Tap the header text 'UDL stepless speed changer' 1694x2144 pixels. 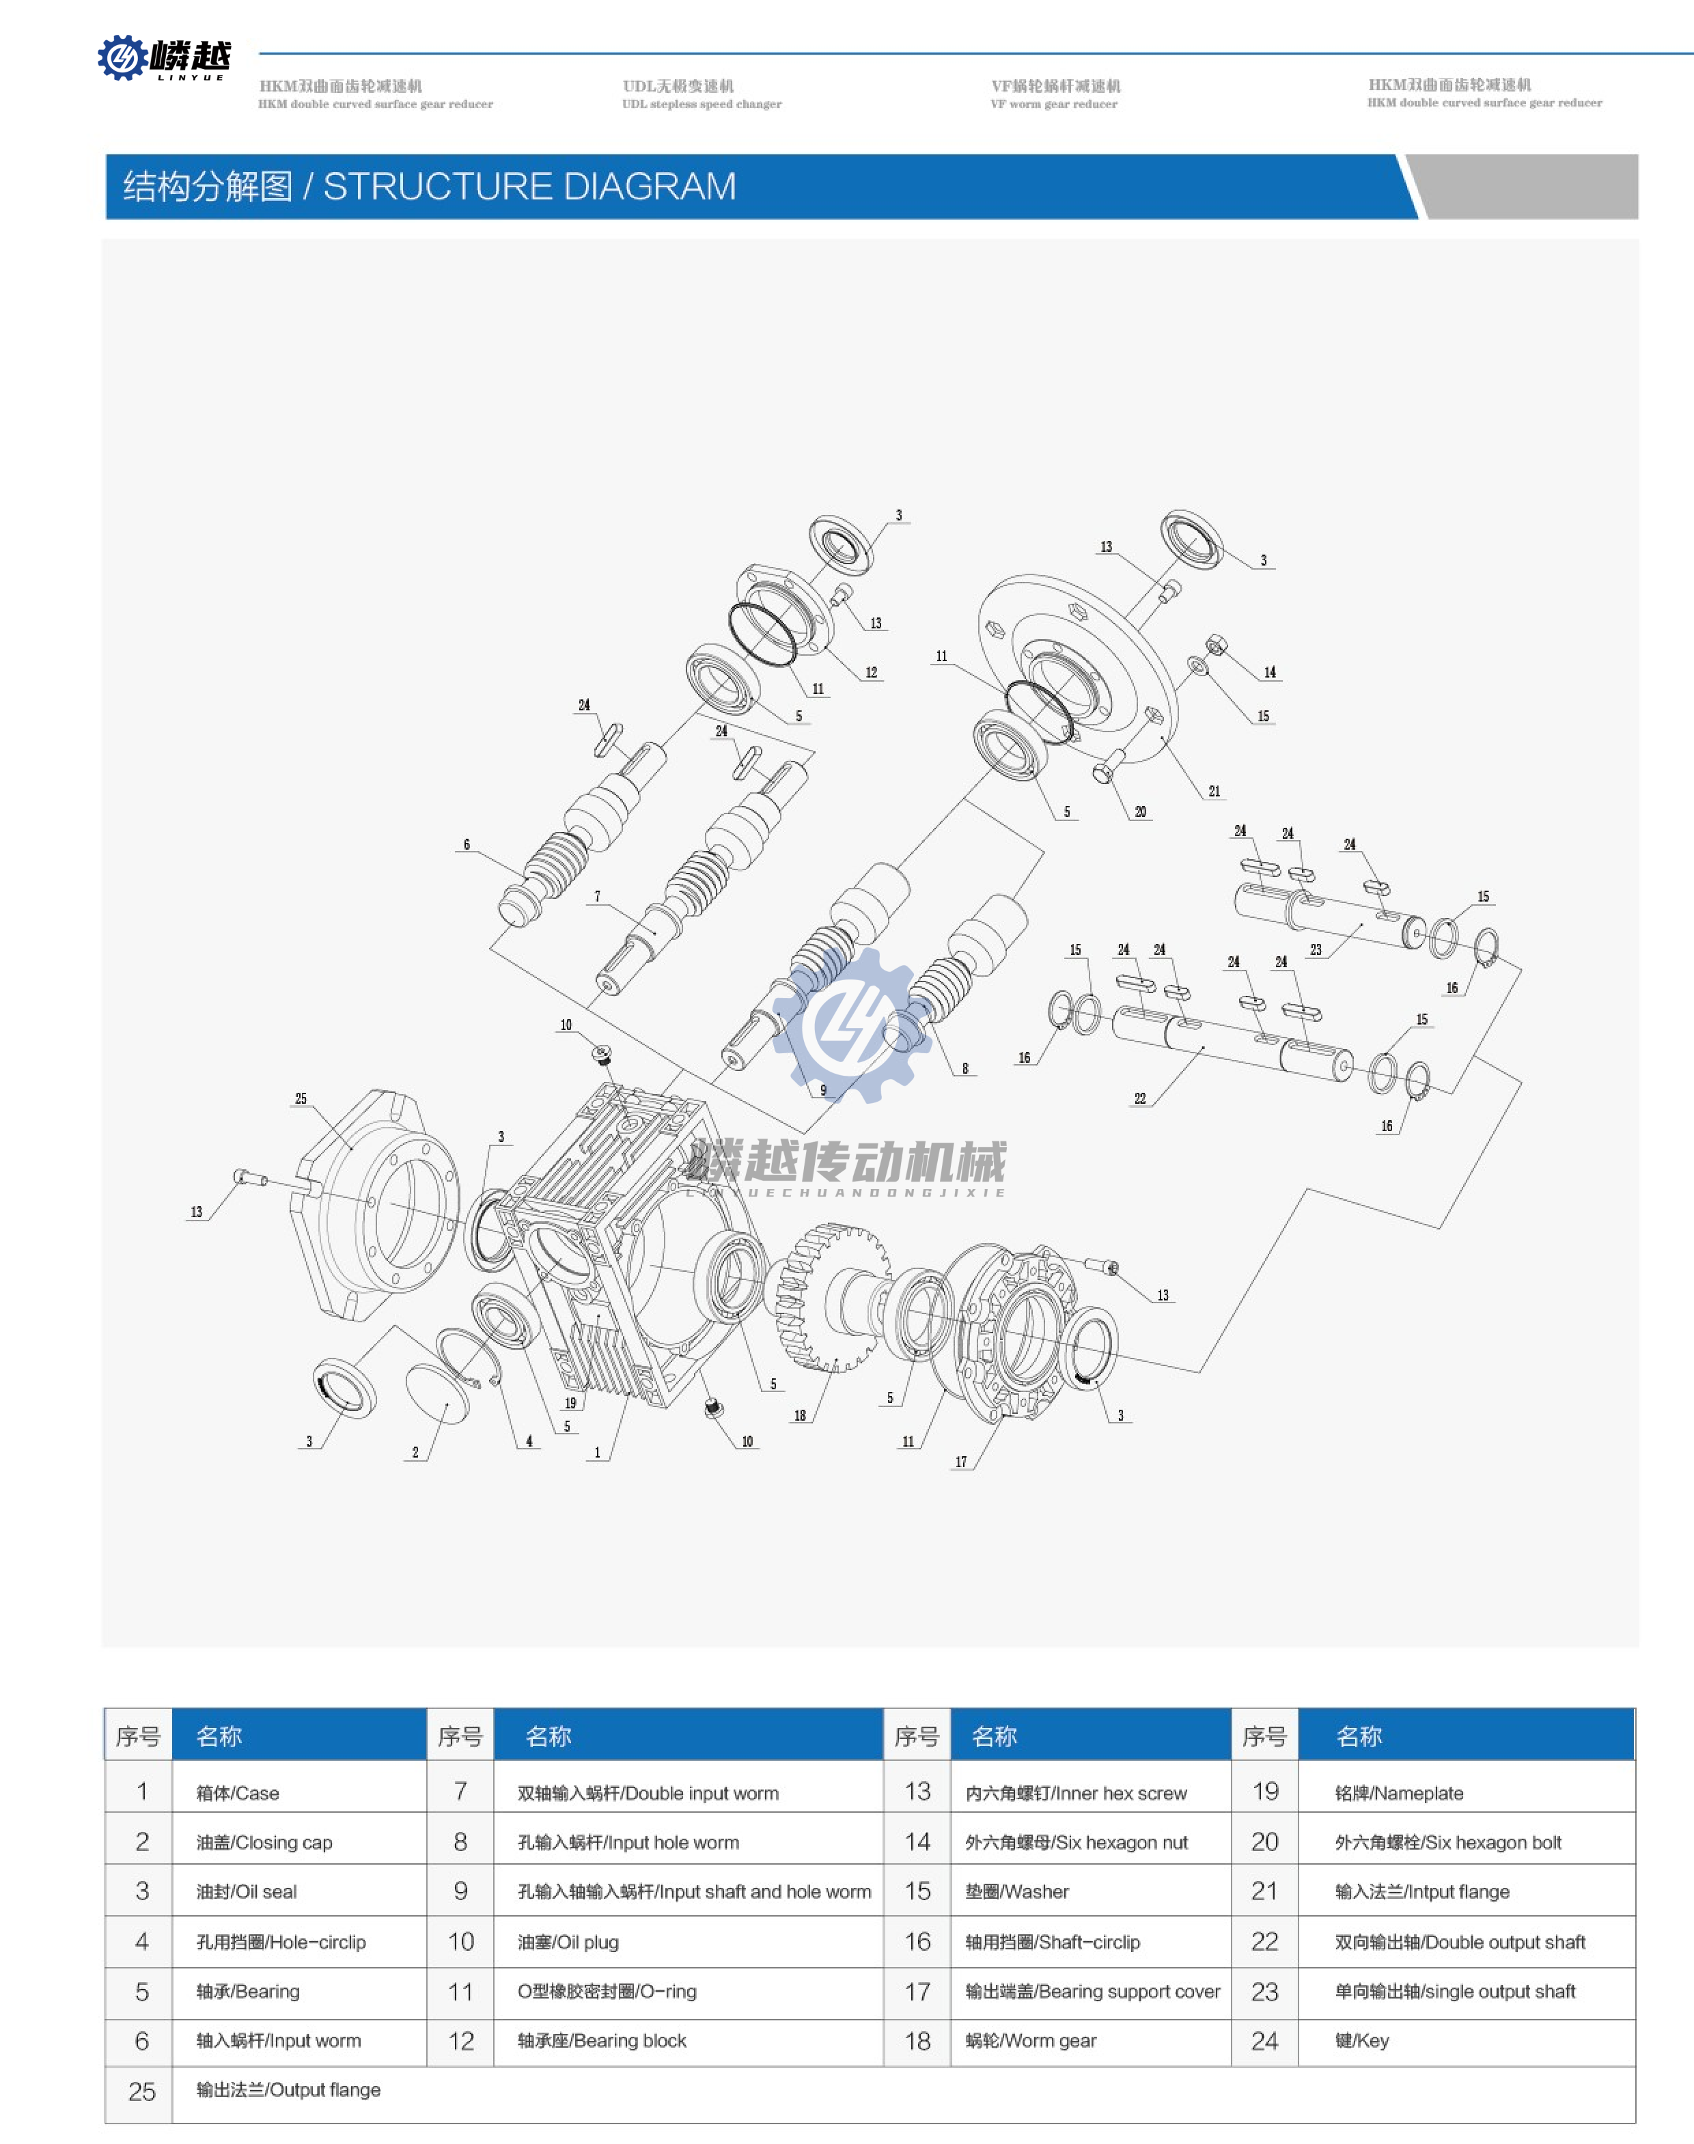click(x=702, y=104)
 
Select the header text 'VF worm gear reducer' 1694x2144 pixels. click(x=1053, y=104)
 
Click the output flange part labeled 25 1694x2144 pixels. click(x=372, y=1201)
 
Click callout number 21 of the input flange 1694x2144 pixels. click(x=1214, y=792)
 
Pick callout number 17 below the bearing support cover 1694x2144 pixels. click(x=960, y=1462)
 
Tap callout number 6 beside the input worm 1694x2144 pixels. click(x=466, y=845)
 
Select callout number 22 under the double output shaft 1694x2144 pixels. click(x=1139, y=1098)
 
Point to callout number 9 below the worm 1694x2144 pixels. click(x=823, y=1090)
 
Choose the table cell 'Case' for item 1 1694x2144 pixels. click(x=237, y=1793)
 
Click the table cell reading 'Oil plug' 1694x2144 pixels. click(x=568, y=1942)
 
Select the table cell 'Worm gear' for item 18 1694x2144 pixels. click(x=1031, y=2041)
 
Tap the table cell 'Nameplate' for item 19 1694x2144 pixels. click(x=1398, y=1793)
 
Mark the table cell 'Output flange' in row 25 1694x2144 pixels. click(x=288, y=2091)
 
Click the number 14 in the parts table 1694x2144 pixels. click(x=917, y=1843)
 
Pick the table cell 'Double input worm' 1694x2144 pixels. click(x=648, y=1793)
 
